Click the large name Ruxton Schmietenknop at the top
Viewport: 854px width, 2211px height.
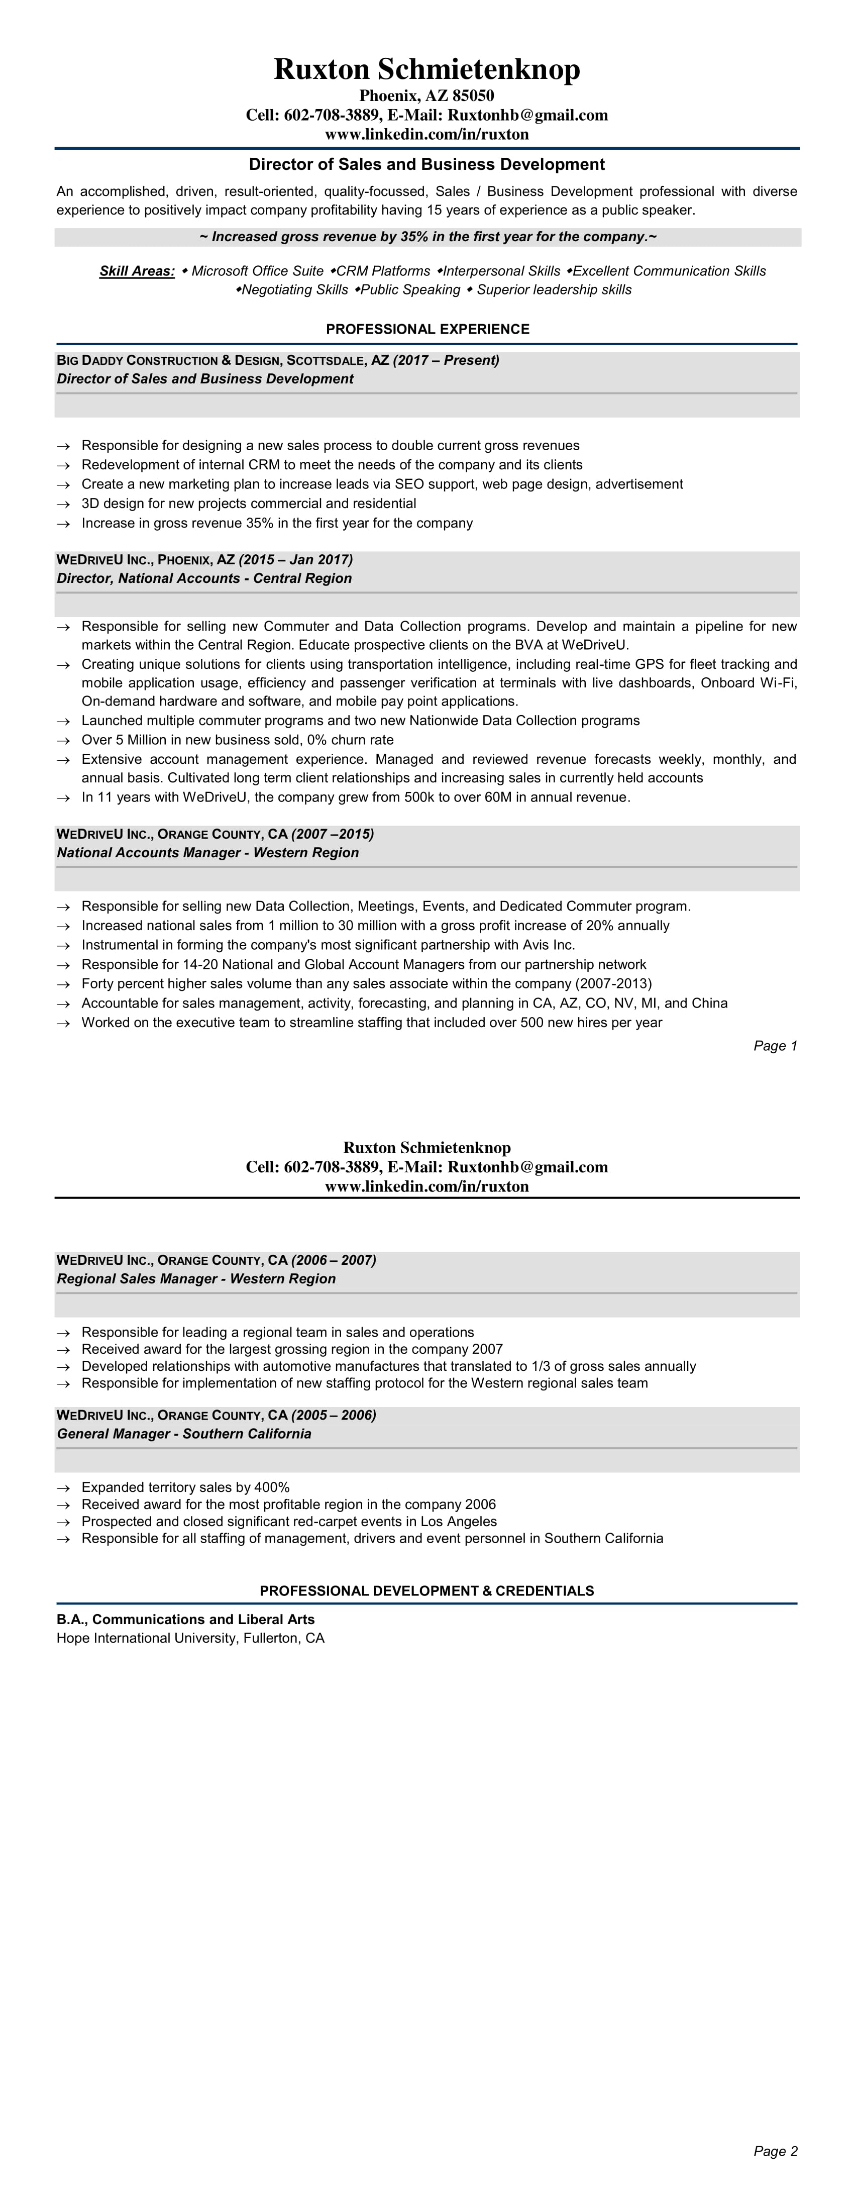coord(426,69)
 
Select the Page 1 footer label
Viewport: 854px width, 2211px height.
coord(775,1045)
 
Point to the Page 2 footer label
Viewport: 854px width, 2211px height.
coord(775,2150)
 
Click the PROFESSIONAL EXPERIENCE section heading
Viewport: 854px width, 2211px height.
coord(428,329)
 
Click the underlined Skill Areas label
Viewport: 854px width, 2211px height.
coord(137,271)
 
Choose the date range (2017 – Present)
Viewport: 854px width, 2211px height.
coord(446,360)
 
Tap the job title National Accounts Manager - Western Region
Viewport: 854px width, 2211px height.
coord(207,852)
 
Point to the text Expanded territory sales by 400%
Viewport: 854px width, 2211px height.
coord(185,1487)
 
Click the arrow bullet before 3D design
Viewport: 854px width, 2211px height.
coord(63,504)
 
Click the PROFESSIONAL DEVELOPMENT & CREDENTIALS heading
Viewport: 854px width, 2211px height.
coord(426,1590)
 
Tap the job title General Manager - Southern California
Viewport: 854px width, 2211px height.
coord(184,1433)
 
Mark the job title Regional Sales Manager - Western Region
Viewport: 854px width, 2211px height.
coord(196,1278)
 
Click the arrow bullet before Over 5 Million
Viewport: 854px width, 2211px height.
coord(63,740)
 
